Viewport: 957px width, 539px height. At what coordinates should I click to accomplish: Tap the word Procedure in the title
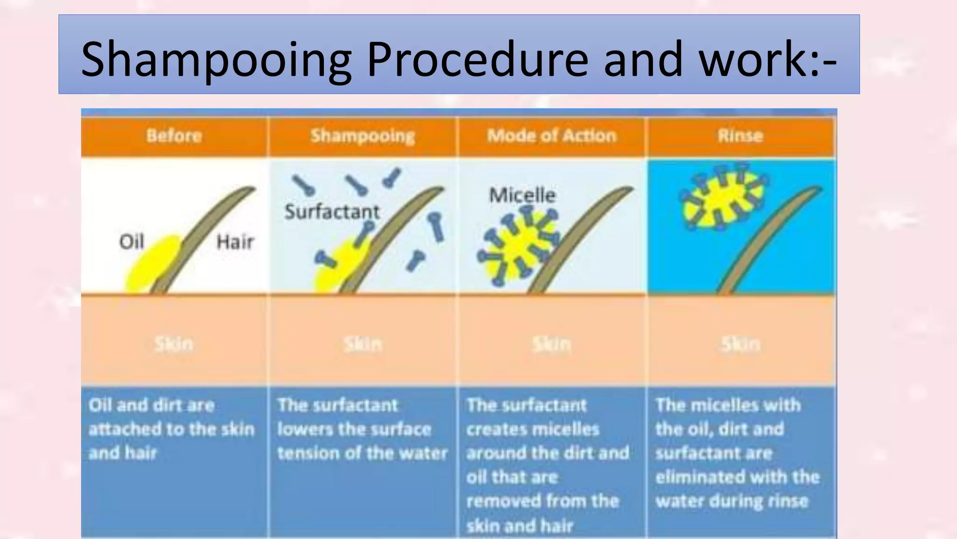pos(477,59)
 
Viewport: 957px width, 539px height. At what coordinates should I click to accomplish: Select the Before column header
pos(174,136)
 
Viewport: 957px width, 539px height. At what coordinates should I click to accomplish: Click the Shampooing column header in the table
pos(363,136)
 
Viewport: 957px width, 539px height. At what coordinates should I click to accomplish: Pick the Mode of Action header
pos(552,136)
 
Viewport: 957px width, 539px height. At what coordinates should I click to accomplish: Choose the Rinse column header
pos(740,136)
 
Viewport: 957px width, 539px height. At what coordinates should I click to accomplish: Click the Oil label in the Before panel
pos(131,242)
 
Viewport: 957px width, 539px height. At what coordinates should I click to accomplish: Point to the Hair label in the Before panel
pos(235,242)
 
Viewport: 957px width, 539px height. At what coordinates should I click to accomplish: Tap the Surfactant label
pos(332,212)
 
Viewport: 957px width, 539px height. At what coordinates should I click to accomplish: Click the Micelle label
pos(522,195)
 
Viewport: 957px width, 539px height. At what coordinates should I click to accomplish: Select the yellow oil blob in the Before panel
pos(152,264)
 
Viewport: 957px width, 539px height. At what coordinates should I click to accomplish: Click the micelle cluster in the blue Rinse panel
pos(722,197)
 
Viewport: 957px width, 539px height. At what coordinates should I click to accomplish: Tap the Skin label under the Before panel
pos(174,344)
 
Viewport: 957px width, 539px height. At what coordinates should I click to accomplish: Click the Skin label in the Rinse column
pos(740,344)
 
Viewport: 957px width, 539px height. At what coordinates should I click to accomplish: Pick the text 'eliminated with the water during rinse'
pos(737,489)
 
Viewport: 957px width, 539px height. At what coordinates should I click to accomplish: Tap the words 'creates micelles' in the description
pos(533,429)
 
